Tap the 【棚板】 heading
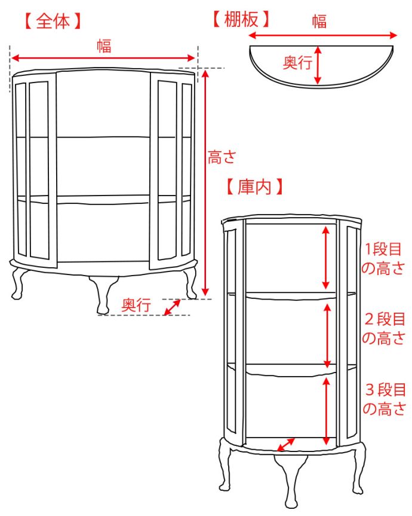[x=241, y=20]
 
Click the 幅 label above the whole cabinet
[x=104, y=45]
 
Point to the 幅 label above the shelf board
[x=319, y=22]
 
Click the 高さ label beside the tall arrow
[x=222, y=157]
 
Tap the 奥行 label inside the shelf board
[x=297, y=63]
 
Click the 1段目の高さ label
[x=384, y=258]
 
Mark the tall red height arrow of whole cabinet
[x=205, y=182]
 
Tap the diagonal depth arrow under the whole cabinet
[x=172, y=307]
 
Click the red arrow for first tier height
[x=326, y=257]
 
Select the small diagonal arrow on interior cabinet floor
[x=286, y=445]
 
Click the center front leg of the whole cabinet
[x=103, y=295]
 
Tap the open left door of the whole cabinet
[x=39, y=170]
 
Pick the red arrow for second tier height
[x=327, y=335]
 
